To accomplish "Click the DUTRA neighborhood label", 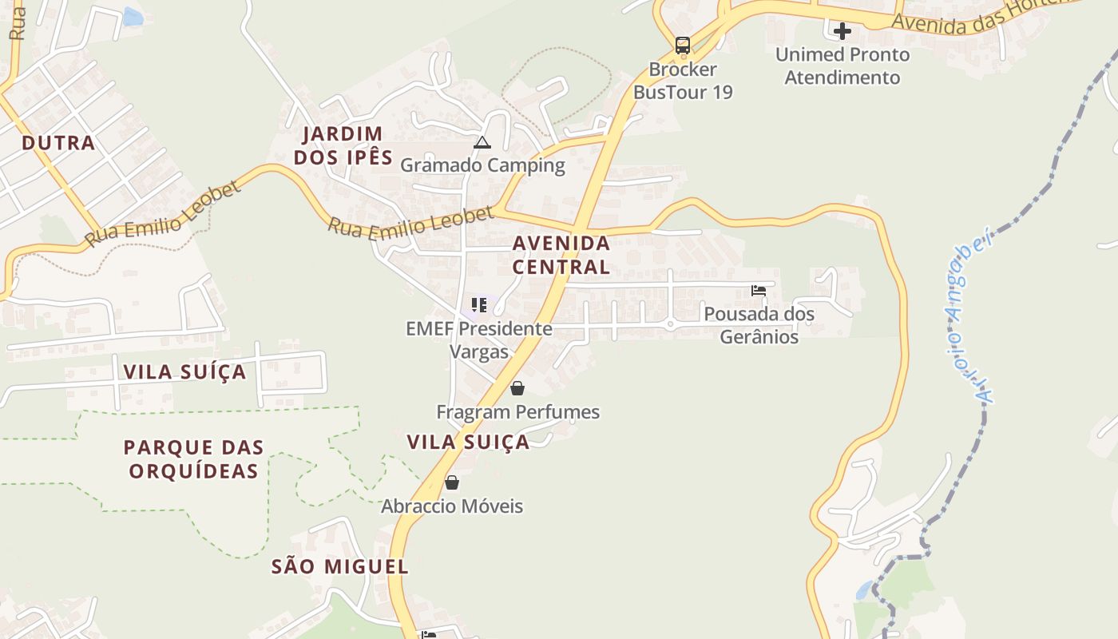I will coord(58,143).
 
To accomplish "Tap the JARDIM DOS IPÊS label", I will coord(343,145).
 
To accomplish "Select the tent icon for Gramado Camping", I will coord(482,143).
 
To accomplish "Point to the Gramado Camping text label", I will coord(482,165).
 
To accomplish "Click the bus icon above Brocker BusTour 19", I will coord(683,46).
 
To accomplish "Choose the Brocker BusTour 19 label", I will coord(683,81).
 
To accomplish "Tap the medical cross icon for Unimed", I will coord(842,32).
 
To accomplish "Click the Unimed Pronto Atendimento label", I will coord(842,66).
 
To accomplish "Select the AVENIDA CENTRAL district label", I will coord(561,254).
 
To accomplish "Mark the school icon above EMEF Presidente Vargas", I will coord(479,304).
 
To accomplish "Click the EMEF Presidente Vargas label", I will coord(479,339).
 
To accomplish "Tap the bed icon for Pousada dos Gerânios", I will coord(759,291).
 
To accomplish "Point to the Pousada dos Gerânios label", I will coord(759,325).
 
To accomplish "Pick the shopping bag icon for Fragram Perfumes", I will coord(517,388).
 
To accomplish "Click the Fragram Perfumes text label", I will coord(517,412).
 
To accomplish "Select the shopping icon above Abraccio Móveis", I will coord(452,482).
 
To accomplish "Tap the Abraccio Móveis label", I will coord(452,506).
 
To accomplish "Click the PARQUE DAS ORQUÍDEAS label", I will coord(194,458).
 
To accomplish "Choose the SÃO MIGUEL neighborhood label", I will coord(340,567).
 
